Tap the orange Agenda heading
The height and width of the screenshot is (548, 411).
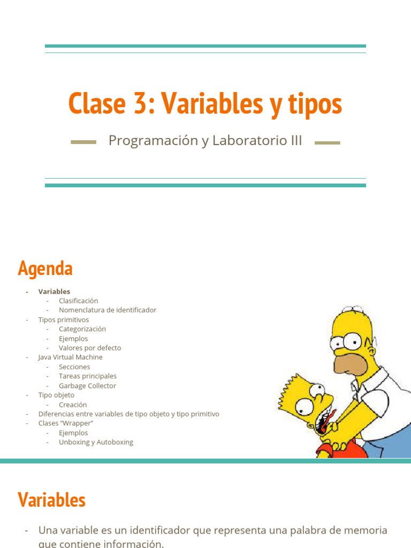coord(45,268)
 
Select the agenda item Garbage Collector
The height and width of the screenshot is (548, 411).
coord(87,386)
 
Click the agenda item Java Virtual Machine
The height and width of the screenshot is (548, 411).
coord(70,357)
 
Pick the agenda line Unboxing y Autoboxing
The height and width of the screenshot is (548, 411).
coord(96,442)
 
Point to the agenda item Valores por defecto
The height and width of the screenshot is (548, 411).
coord(90,348)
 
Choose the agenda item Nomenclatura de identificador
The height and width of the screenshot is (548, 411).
coord(108,310)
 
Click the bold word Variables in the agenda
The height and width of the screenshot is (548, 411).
coord(54,292)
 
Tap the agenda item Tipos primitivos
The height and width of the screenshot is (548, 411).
coord(64,319)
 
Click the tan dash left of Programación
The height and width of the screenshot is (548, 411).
coord(83,142)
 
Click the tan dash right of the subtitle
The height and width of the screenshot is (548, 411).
coord(328,143)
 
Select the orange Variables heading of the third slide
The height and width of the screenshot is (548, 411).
coord(51,500)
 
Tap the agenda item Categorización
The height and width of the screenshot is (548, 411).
coord(82,329)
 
